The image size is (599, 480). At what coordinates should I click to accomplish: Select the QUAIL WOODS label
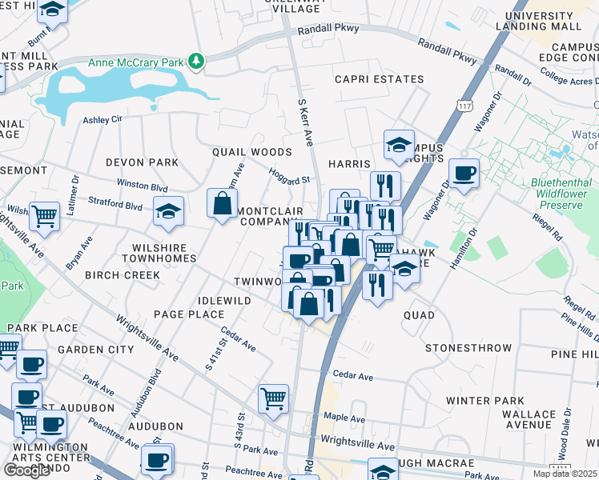251,152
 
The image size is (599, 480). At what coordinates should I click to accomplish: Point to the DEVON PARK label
142,162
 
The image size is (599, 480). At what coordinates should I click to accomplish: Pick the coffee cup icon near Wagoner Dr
464,172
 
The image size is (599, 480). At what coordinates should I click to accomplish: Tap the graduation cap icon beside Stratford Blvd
168,211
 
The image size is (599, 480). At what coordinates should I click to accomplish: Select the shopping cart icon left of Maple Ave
273,398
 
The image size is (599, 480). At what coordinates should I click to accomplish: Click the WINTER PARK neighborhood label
484,401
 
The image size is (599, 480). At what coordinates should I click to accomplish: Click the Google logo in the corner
26,470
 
